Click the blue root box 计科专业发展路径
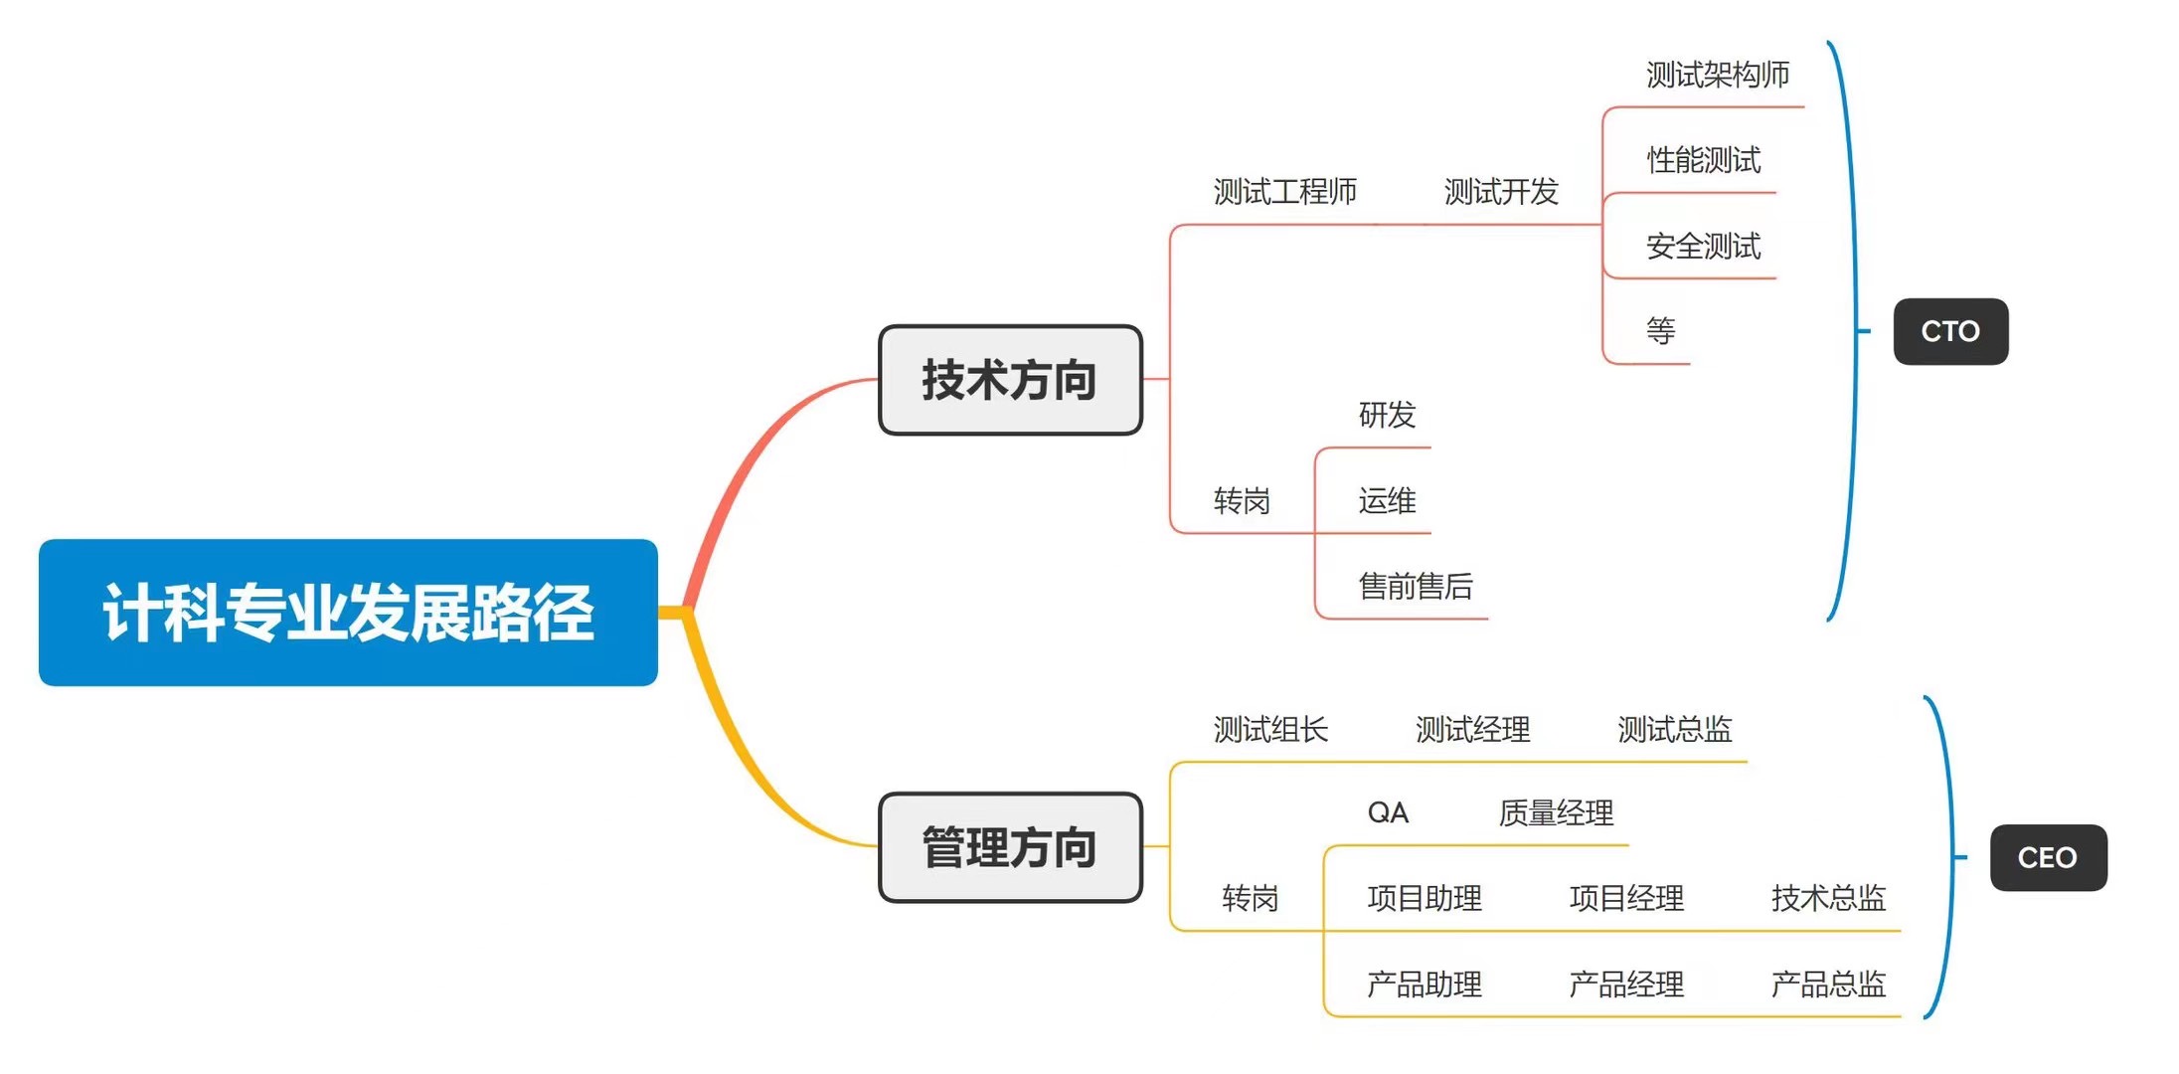348,612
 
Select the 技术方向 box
1010,380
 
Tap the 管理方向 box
1010,847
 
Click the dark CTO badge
1950,331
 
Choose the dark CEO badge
2048,857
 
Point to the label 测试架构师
1717,75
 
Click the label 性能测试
1703,159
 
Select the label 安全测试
1703,246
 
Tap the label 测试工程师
1284,191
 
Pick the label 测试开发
1501,191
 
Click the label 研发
1387,414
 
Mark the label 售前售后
1416,586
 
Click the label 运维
1387,500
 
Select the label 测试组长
1270,729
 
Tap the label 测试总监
1674,729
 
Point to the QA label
1388,812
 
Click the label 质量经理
1556,812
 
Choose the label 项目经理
1626,898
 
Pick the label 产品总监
1828,984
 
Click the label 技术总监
1828,898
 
